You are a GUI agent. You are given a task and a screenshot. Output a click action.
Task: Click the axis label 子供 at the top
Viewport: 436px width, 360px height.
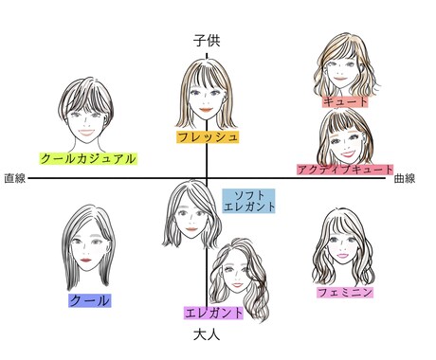pyautogui.click(x=207, y=41)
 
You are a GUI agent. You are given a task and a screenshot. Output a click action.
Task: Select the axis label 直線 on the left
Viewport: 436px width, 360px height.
pyautogui.click(x=14, y=178)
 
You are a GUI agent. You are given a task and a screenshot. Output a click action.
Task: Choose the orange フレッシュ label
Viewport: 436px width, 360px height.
pyautogui.click(x=208, y=136)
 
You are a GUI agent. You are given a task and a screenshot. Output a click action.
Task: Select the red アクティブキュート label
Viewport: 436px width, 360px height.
pyautogui.click(x=345, y=169)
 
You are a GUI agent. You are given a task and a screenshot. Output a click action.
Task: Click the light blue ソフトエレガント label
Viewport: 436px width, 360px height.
pyautogui.click(x=248, y=200)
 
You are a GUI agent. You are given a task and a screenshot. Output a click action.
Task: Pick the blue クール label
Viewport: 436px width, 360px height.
pyautogui.click(x=90, y=300)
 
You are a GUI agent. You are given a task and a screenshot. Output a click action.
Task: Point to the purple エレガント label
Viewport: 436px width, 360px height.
pyautogui.click(x=215, y=313)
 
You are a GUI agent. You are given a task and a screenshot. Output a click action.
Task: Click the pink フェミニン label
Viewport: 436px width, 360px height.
pyautogui.click(x=345, y=292)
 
